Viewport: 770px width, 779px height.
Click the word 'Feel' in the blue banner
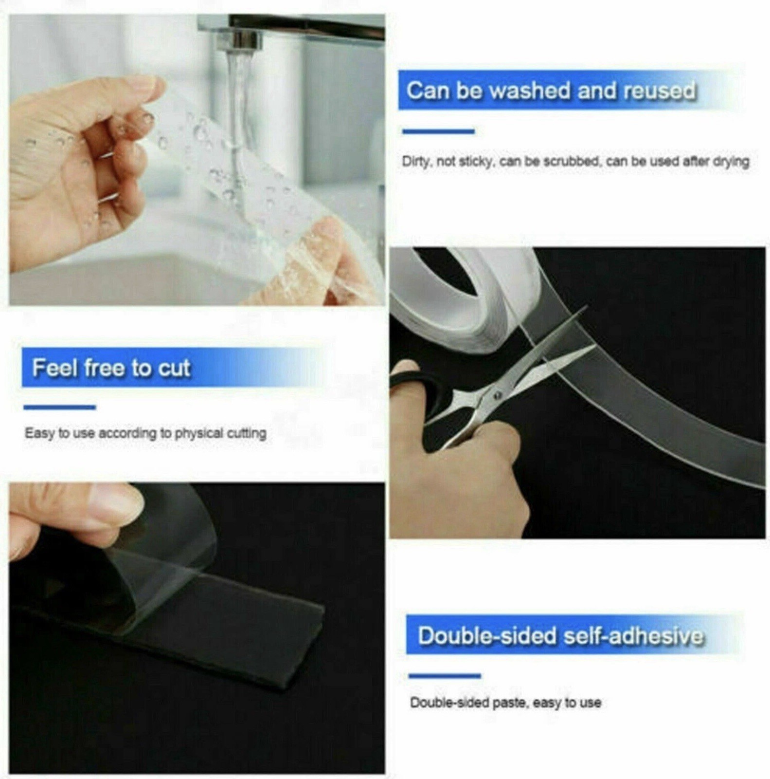coord(55,368)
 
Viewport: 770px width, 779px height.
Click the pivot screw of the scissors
coord(497,395)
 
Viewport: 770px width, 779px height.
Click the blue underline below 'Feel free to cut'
coord(59,407)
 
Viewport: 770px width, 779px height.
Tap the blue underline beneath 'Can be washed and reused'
coord(438,131)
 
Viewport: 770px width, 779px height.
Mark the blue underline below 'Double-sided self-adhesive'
coord(445,675)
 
